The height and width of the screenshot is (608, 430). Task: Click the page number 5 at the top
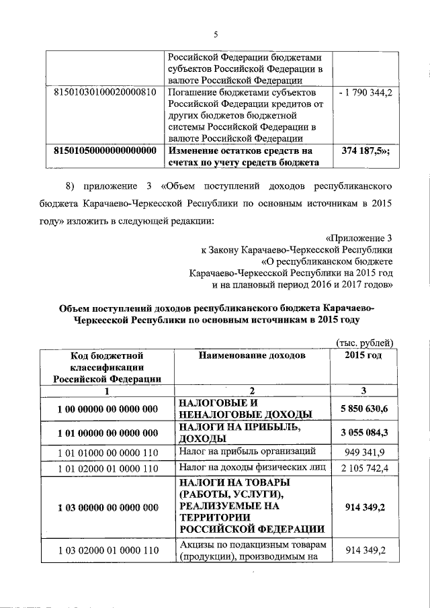point(214,35)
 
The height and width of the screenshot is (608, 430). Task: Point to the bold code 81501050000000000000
point(104,150)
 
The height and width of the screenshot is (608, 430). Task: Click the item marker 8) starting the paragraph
point(71,183)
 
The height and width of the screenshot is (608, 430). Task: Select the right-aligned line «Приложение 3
point(359,237)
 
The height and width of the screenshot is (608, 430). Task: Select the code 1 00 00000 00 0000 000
point(107,408)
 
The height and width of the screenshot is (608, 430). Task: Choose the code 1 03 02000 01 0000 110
point(107,551)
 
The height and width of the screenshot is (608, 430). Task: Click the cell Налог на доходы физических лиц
point(247,467)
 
